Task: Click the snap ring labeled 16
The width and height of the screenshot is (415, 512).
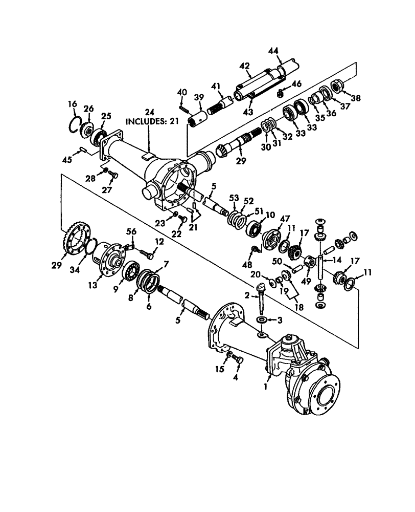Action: click(x=75, y=123)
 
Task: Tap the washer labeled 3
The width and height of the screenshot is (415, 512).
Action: click(x=261, y=320)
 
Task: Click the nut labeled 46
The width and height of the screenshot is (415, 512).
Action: click(x=281, y=94)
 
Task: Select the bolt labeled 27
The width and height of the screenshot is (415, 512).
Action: click(x=114, y=176)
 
